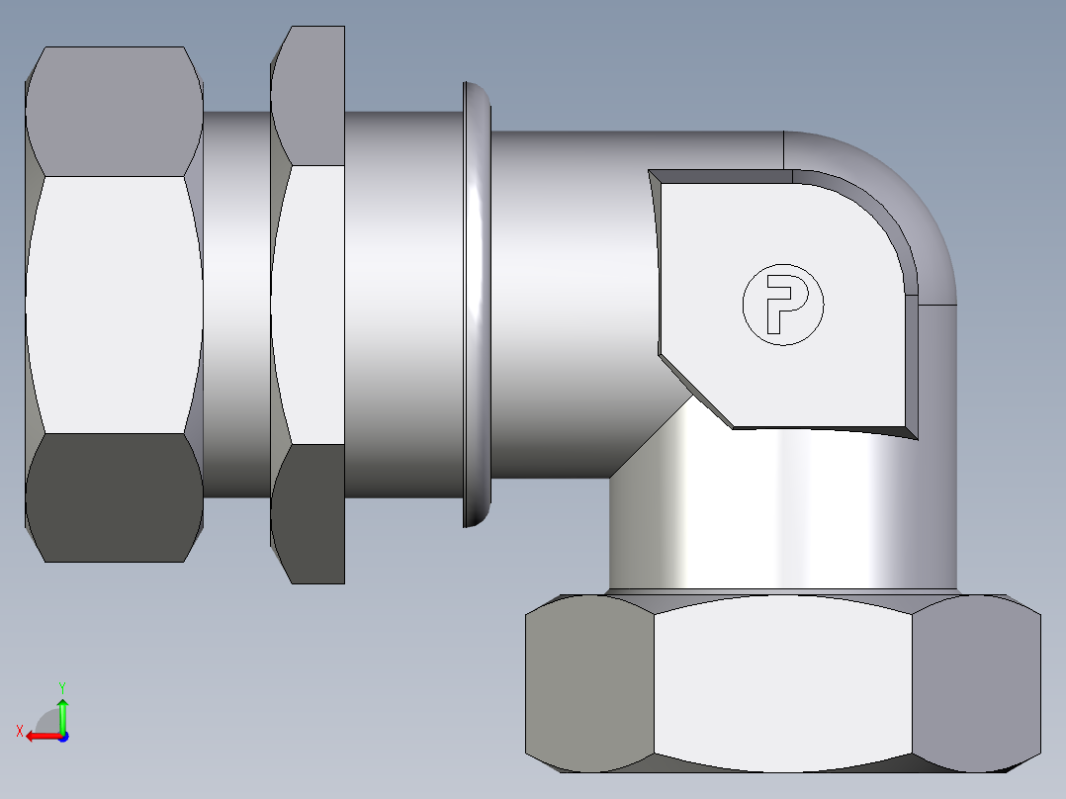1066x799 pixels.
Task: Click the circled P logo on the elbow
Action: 782,305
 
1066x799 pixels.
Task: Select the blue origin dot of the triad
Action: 62,737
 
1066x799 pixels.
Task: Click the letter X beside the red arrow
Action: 19,731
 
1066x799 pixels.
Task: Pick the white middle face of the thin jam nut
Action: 309,305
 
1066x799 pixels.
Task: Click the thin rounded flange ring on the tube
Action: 476,305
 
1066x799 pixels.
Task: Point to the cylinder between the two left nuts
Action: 236,305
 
